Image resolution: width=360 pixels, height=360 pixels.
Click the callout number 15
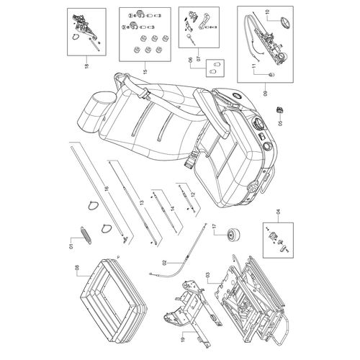tap(145, 71)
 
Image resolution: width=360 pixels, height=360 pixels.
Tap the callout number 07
tap(198, 58)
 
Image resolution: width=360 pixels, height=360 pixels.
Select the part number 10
tap(268, 12)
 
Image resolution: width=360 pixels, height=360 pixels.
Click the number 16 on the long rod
tap(107, 189)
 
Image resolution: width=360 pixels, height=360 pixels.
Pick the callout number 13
tap(142, 202)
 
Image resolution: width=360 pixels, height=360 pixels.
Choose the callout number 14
tap(173, 209)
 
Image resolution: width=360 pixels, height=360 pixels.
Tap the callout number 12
tap(193, 194)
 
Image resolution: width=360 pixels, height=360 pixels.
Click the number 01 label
tap(71, 246)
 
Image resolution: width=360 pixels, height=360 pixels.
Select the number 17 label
tap(215, 226)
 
